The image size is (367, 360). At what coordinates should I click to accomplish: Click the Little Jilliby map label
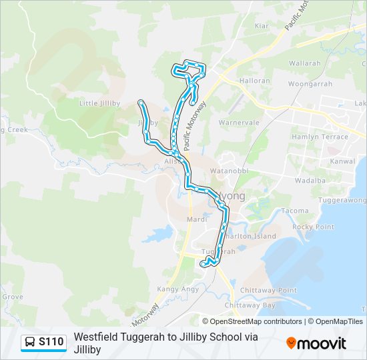tap(100, 103)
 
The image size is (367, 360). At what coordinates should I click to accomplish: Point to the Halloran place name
tap(255, 81)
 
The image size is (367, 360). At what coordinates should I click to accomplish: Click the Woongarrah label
tap(310, 84)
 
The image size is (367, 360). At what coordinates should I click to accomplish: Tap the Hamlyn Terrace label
tap(320, 137)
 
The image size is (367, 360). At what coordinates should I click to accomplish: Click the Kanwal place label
tap(342, 162)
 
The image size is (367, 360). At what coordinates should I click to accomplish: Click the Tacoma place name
tap(295, 211)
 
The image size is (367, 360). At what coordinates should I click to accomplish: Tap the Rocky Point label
tap(313, 227)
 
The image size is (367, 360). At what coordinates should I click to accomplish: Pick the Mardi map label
tap(197, 219)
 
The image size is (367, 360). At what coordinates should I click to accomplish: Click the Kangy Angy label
tap(177, 289)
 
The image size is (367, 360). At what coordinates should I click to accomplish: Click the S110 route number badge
tap(51, 342)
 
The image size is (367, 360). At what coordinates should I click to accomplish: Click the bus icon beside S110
tap(30, 342)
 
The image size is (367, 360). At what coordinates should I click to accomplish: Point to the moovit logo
tap(316, 343)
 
